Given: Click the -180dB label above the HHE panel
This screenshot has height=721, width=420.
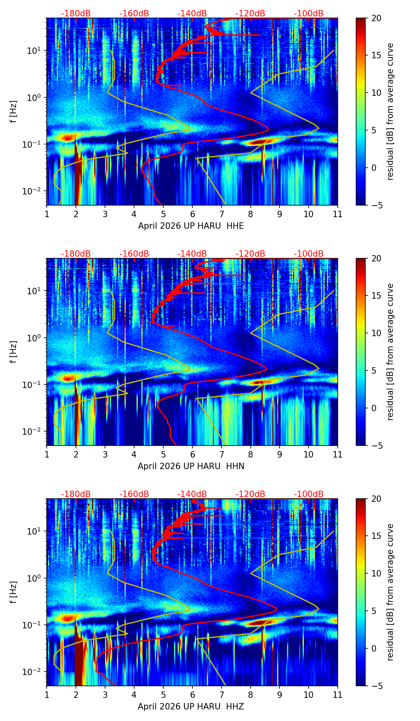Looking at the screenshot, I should coord(76,14).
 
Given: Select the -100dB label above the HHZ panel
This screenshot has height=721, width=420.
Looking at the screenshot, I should coord(309,494).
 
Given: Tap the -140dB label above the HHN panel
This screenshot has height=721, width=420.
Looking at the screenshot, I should coord(192,254).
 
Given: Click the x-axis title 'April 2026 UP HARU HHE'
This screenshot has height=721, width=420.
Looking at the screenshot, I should coord(191,226).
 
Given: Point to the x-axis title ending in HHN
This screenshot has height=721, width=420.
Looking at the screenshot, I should coord(191,466).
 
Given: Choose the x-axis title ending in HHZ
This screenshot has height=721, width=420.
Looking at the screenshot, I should coord(191,707).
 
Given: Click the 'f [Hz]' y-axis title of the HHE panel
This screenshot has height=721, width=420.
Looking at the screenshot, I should coord(14,112).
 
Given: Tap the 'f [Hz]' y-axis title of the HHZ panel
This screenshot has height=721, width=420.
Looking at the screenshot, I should coord(14,592).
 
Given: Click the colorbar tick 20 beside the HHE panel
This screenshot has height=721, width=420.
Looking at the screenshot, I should coord(376,18).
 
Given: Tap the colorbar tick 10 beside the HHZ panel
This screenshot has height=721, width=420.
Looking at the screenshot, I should coord(376,574).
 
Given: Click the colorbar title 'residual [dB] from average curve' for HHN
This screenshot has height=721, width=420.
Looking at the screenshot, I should coord(390,352).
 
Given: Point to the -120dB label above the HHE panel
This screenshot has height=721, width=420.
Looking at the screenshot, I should coord(250,14).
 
